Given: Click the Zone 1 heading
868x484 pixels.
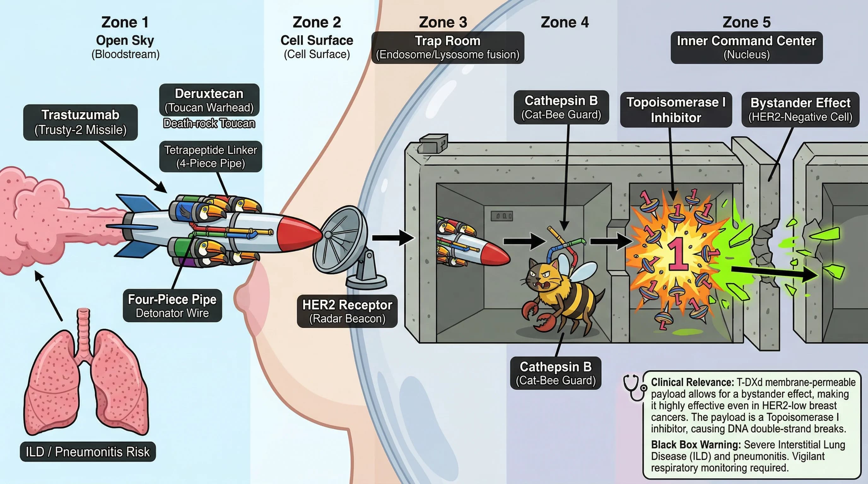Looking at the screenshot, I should (x=125, y=23).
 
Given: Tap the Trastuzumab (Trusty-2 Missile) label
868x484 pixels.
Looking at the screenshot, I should (x=80, y=122).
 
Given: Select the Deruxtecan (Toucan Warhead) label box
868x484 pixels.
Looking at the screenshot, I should (x=209, y=100).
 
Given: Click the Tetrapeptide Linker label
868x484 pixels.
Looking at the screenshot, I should (x=211, y=157).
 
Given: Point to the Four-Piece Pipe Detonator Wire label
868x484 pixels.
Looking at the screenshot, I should (x=172, y=306).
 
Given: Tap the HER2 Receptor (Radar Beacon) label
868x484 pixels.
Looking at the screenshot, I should (x=347, y=311).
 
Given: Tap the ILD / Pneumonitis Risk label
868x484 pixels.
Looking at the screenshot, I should (x=88, y=452).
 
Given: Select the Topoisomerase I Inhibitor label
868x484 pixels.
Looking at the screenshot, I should (x=676, y=110).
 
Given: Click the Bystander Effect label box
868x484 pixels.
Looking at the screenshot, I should (x=800, y=110).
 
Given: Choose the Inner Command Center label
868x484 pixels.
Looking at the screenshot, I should (x=746, y=48).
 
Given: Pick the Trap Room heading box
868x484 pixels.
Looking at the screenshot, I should (x=448, y=48).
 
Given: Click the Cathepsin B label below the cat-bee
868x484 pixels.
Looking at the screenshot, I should (x=556, y=373).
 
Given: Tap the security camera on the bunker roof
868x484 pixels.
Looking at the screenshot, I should (x=433, y=143).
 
